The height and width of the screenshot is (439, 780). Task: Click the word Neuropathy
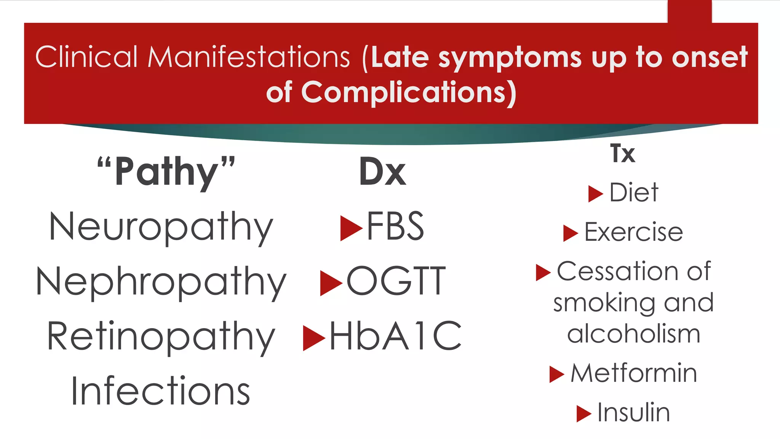coord(161,228)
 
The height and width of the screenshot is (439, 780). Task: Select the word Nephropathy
coord(161,282)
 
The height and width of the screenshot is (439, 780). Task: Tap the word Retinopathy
coord(161,337)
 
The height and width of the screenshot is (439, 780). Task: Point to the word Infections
coord(160,391)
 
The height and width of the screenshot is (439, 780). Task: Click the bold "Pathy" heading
coord(166,172)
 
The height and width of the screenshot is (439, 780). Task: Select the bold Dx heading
coord(382,172)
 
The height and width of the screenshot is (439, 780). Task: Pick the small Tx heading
coord(623,154)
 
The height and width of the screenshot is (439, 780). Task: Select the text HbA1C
coord(395,336)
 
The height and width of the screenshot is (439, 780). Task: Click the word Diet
coord(634,192)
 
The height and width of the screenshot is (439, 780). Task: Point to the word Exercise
coord(634,232)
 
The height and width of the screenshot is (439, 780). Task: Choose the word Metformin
coord(634,373)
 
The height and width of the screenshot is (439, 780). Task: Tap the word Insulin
coord(634,412)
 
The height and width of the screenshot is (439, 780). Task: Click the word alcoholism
coord(634,334)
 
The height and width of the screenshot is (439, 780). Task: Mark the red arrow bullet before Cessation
coord(543,272)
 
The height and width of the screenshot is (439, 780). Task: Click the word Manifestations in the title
coord(248,57)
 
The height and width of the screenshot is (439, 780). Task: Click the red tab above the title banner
coord(689,11)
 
